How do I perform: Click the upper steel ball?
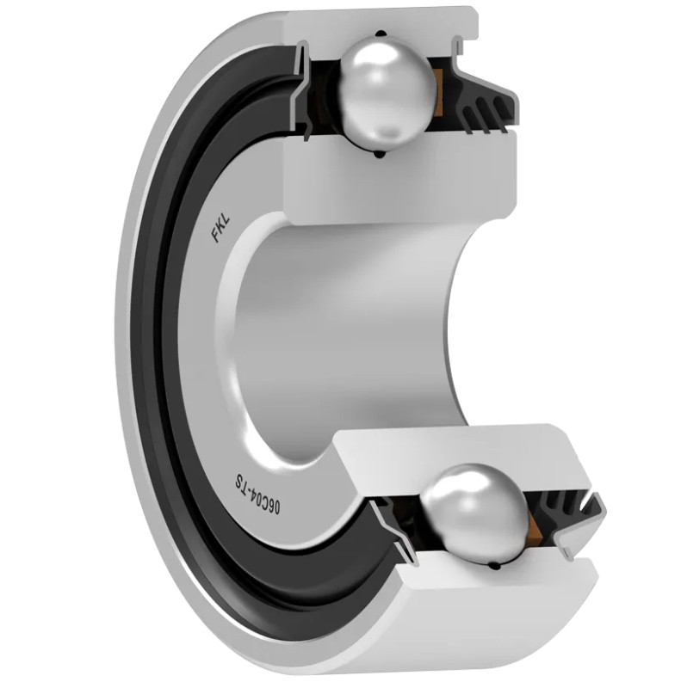pos(387,94)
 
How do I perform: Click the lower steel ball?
pos(477,514)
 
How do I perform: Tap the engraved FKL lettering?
pos(220,229)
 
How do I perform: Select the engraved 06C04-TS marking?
pos(257,495)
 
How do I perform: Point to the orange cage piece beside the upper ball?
pos(439,94)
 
